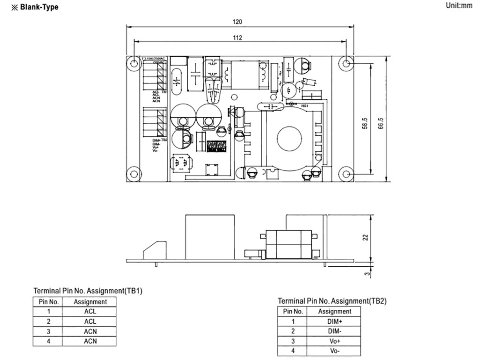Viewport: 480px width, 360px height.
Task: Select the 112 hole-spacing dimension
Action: (238, 38)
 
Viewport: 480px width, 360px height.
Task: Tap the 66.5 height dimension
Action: (381, 125)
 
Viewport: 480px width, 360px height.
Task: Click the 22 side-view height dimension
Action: (365, 237)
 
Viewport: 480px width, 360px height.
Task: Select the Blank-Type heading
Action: (36, 7)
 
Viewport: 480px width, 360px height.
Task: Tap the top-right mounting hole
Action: (346, 63)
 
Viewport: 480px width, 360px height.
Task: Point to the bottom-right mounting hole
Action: (346, 174)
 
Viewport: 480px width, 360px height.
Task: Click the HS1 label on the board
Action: (304, 106)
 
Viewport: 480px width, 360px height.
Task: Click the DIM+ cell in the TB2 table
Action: (335, 321)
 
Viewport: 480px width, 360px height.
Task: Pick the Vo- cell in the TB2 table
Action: (335, 351)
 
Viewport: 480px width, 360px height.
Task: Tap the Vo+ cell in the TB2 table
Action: (335, 341)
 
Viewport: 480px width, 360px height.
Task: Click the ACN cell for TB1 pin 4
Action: (90, 341)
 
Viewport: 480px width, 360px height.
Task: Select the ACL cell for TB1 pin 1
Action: (90, 312)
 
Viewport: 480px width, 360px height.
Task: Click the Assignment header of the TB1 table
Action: (90, 302)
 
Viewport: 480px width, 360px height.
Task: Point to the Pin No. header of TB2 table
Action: (293, 311)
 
